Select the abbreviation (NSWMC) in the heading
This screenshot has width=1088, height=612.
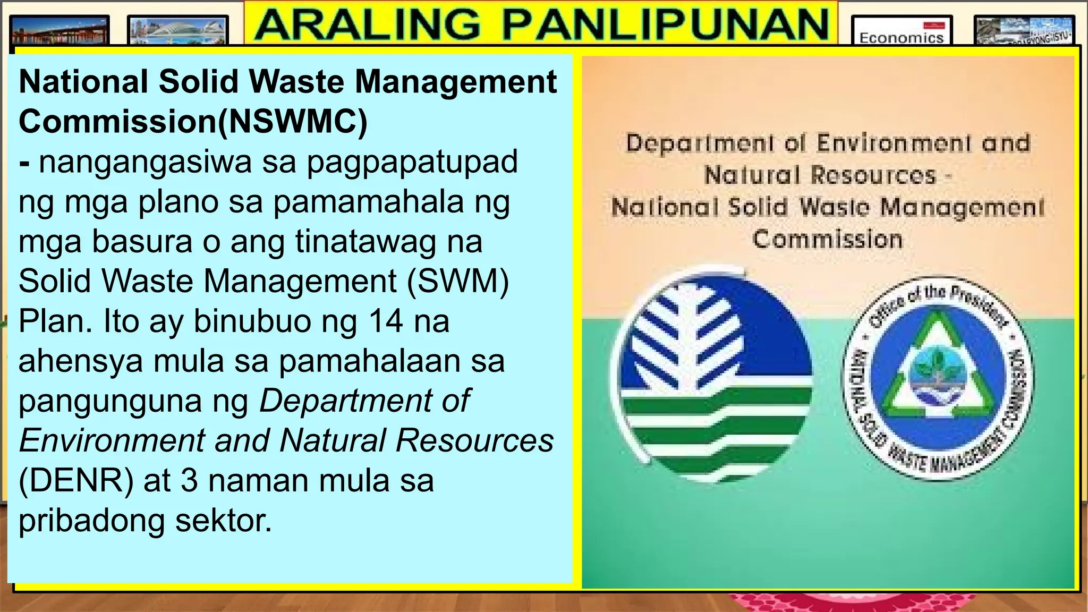point(293,122)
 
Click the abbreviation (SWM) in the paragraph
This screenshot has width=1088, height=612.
point(458,281)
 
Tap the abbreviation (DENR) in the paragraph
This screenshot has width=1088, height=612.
point(76,480)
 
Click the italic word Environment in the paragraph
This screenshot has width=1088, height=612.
point(112,440)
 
